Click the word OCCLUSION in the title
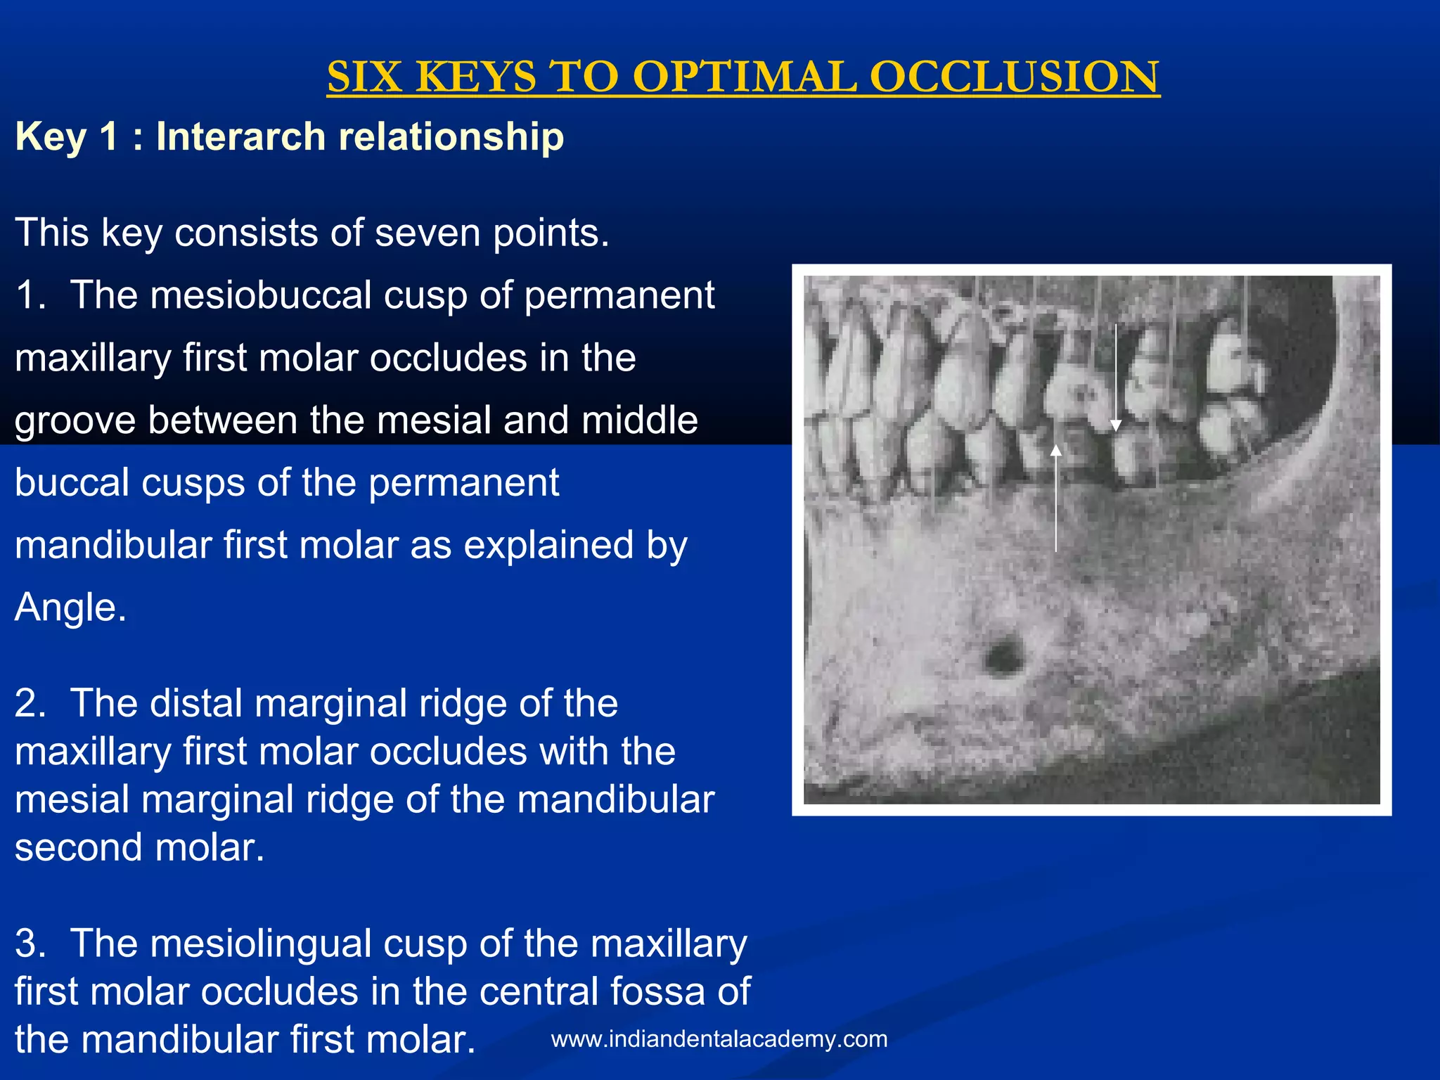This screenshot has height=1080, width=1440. [x=1015, y=77]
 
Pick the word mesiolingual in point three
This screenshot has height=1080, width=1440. [x=261, y=943]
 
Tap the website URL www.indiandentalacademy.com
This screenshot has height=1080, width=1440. [x=719, y=1039]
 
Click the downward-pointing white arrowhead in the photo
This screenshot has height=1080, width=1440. [x=1116, y=425]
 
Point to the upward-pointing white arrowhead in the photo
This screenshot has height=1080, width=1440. [x=1055, y=450]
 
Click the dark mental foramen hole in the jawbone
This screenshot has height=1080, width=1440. [x=1003, y=656]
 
